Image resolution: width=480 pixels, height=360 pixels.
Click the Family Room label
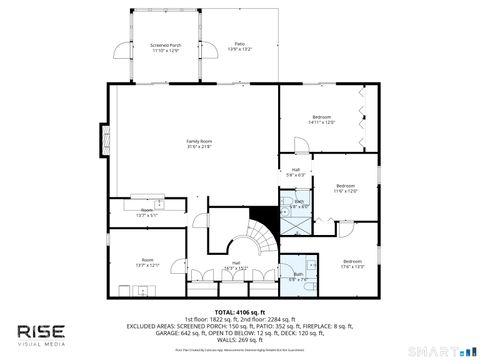[200, 144]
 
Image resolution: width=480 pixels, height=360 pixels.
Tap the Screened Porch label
[164, 47]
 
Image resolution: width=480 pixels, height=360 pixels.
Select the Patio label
[240, 46]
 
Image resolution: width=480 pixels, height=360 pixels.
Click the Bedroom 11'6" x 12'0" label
[345, 188]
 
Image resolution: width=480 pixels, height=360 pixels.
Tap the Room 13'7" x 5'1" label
[146, 212]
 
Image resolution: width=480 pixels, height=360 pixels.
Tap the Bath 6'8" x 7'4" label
[298, 275]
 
